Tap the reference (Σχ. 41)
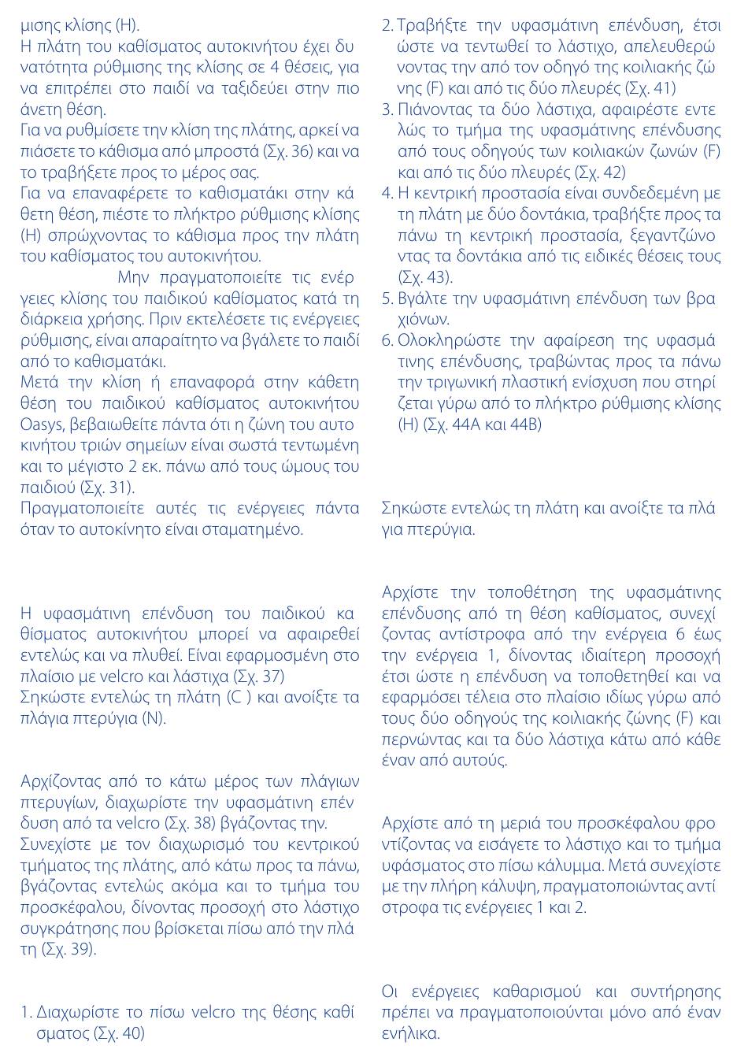648,88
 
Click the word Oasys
43,424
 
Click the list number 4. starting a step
387,193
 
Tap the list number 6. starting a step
387,340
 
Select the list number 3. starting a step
387,109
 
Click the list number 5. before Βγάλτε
387,298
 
